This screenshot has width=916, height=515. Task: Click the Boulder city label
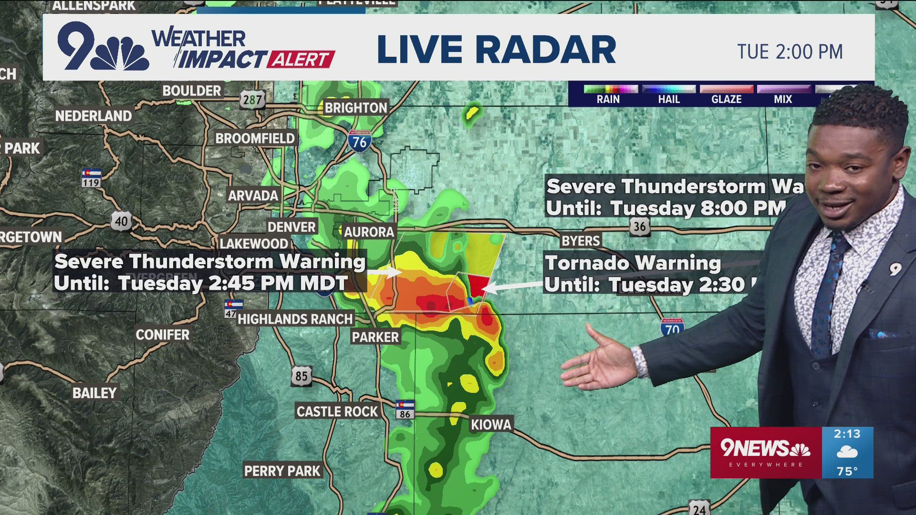[x=191, y=91]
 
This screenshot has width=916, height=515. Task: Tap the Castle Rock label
[x=337, y=412]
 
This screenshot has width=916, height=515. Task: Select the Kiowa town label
[x=491, y=424]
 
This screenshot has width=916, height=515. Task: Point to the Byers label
[x=580, y=241]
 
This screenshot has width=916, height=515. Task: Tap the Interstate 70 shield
[x=672, y=327]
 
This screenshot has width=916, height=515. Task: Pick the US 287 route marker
[x=252, y=100]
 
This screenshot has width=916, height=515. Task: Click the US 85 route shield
[x=301, y=376]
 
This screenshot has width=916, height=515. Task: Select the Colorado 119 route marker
[x=91, y=178]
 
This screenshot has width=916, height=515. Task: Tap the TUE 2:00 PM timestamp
[x=790, y=52]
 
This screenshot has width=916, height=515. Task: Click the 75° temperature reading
[x=847, y=471]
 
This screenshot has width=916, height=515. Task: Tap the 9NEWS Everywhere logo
[x=765, y=452]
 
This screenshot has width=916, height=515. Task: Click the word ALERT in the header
[x=301, y=60]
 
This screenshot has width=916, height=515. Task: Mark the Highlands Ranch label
[x=295, y=319]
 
